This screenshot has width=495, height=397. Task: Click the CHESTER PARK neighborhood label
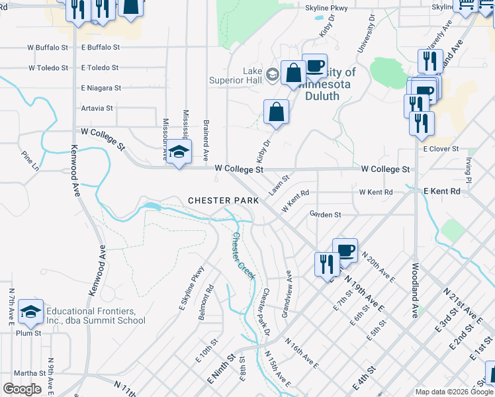(x=218, y=200)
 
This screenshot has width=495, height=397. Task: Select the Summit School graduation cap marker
(x=30, y=310)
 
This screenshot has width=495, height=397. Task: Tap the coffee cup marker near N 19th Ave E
(x=345, y=250)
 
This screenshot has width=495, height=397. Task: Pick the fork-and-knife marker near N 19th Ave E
(x=327, y=264)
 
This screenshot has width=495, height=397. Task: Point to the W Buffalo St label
(x=48, y=48)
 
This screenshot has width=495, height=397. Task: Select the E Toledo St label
(x=100, y=67)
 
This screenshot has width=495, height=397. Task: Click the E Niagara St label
(x=101, y=87)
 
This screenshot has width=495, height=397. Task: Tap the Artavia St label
(x=97, y=108)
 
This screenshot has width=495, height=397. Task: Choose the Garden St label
(x=325, y=214)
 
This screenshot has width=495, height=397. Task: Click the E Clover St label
(x=441, y=149)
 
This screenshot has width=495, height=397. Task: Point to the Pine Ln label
(x=30, y=160)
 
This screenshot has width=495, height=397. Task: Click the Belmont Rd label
(x=208, y=299)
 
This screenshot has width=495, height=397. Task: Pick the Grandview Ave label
(x=287, y=294)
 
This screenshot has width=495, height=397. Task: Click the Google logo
(x=22, y=389)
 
